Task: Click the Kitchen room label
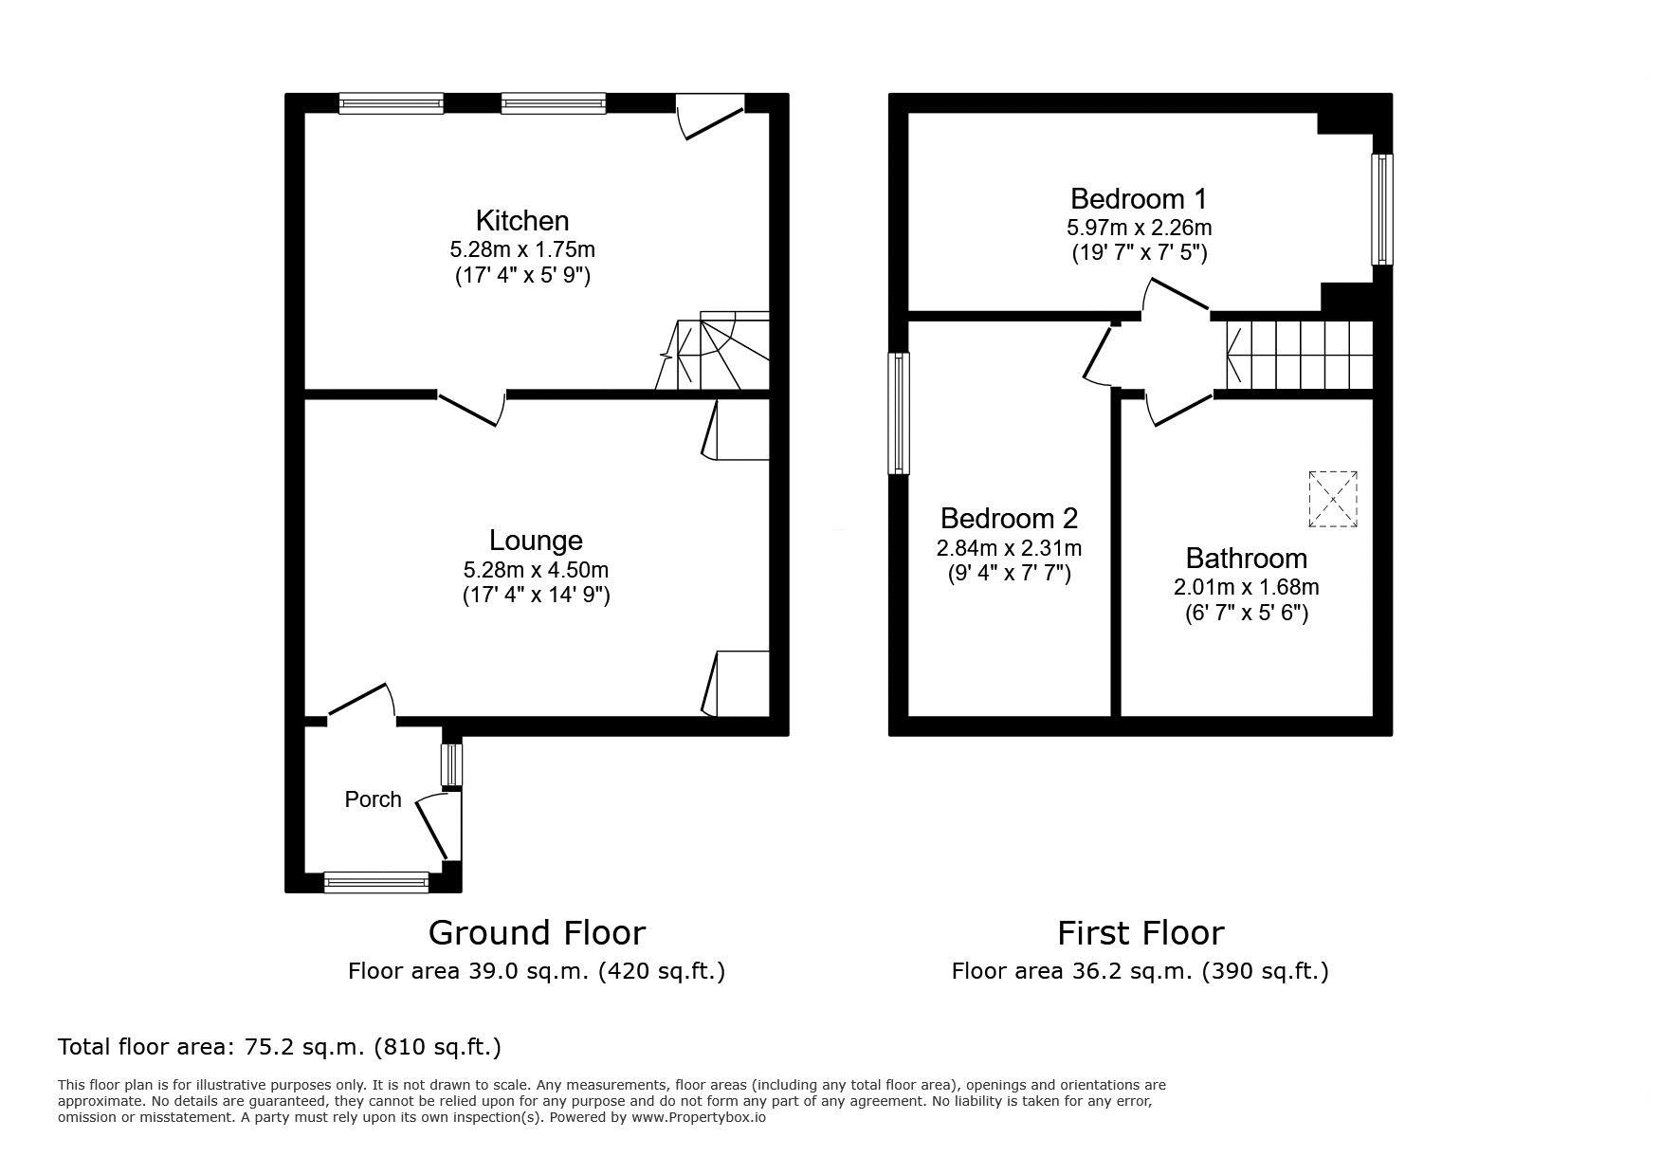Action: click(522, 221)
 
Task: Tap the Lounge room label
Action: click(536, 541)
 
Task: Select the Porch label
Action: click(373, 799)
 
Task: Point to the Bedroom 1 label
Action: click(1139, 199)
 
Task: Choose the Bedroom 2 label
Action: click(1009, 519)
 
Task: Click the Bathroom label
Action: click(1246, 559)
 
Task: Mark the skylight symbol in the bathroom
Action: click(1333, 499)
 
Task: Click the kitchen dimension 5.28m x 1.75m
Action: click(522, 250)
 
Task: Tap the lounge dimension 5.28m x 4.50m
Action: click(536, 570)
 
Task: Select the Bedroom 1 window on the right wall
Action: click(1382, 209)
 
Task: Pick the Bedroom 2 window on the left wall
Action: click(898, 413)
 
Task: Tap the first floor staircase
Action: click(1299, 356)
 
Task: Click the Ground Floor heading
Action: click(537, 933)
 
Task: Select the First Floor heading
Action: click(1141, 933)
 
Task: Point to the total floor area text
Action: click(280, 1047)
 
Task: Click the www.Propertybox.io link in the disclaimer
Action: click(698, 1117)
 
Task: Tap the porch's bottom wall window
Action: click(376, 883)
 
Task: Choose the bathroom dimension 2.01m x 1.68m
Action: click(1246, 588)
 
